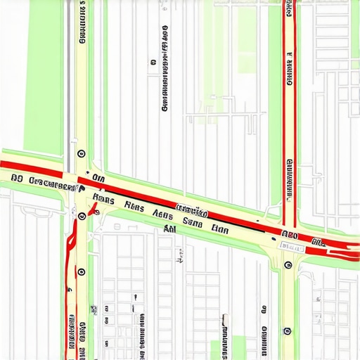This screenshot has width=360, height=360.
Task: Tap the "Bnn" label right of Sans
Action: pyautogui.click(x=220, y=228)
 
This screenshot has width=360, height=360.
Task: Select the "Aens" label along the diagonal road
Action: pyautogui.click(x=162, y=215)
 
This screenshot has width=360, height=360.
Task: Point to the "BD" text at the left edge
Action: pyautogui.click(x=18, y=180)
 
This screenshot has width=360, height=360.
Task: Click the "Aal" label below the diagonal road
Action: pyautogui.click(x=169, y=229)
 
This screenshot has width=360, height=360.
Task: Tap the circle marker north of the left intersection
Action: pyautogui.click(x=82, y=153)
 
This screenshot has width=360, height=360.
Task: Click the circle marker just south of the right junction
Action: pyautogui.click(x=288, y=265)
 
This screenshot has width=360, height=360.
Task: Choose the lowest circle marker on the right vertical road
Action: pyautogui.click(x=287, y=330)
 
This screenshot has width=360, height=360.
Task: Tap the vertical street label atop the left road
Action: pyautogui.click(x=82, y=25)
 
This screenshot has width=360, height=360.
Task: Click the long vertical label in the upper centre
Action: pyautogui.click(x=165, y=70)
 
